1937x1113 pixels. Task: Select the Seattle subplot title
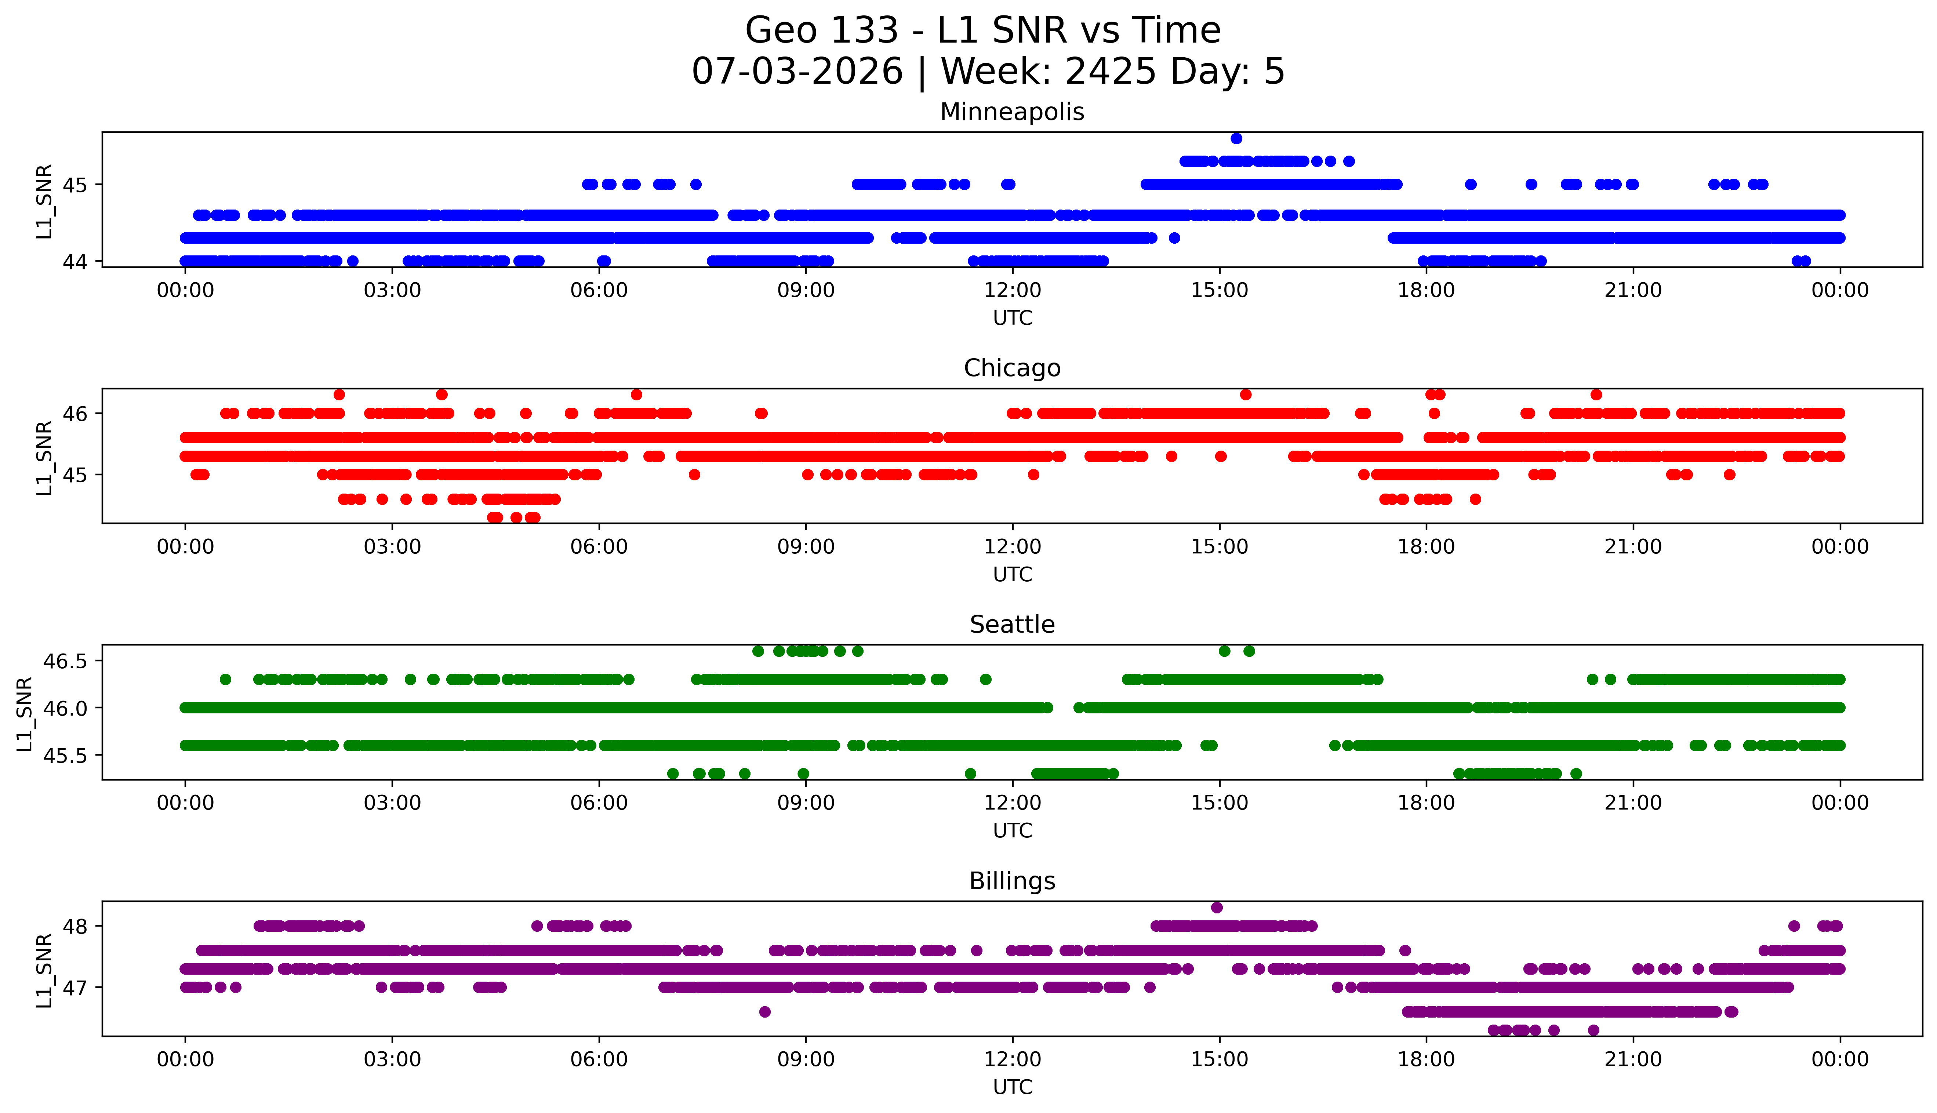pos(1012,625)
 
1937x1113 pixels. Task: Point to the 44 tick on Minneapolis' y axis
pos(76,261)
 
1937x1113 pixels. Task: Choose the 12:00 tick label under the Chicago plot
pos(1012,546)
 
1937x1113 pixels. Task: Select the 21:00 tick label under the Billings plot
pos(1633,1059)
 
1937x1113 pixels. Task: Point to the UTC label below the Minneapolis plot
pos(1012,318)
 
